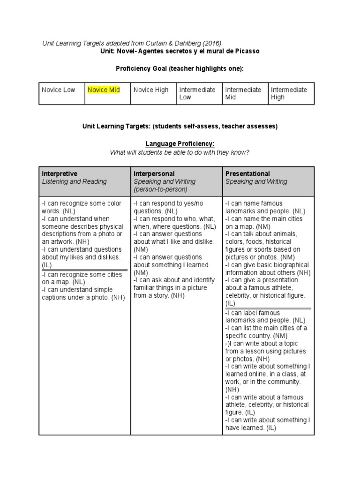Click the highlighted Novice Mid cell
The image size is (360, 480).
click(104, 90)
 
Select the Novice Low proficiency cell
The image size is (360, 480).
click(59, 90)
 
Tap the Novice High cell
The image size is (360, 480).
click(151, 90)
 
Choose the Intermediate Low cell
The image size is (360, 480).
click(197, 93)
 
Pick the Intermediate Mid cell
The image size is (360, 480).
click(243, 93)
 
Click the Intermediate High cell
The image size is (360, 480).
click(289, 93)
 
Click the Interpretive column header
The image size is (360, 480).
click(60, 174)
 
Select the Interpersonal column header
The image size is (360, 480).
click(154, 174)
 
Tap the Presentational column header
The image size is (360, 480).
click(247, 174)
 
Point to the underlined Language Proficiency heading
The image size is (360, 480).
click(180, 144)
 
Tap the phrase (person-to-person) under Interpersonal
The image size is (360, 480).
click(160, 189)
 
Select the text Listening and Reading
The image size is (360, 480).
click(74, 181)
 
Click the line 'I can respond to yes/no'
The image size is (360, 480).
click(169, 203)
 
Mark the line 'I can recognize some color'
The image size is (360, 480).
click(82, 203)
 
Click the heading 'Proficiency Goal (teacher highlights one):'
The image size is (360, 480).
click(180, 68)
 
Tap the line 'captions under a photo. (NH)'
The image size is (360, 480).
click(83, 297)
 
